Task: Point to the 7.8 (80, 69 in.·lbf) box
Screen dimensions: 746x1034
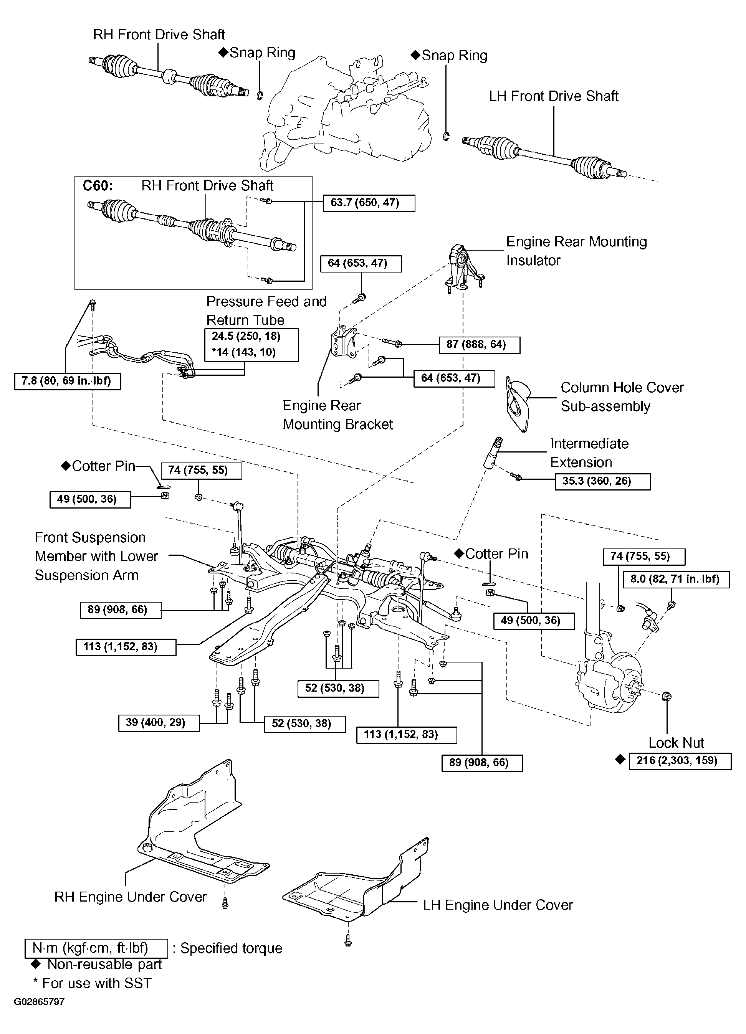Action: (68, 381)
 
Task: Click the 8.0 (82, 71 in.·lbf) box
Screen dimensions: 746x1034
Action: (676, 579)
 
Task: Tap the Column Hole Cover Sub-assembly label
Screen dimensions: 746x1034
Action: (622, 396)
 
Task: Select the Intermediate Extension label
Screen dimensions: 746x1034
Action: (589, 453)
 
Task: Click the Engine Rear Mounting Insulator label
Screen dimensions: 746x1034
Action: (576, 251)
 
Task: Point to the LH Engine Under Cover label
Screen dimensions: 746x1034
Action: (498, 905)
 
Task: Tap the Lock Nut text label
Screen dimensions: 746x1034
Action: (676, 743)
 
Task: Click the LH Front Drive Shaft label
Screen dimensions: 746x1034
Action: (554, 96)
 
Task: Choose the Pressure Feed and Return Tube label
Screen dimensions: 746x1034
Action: (266, 311)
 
